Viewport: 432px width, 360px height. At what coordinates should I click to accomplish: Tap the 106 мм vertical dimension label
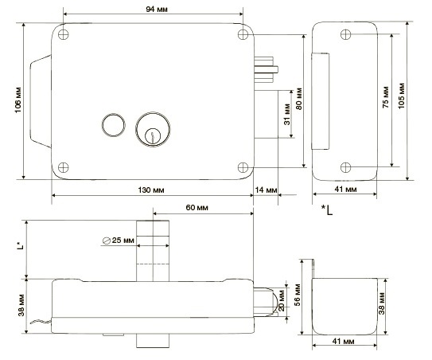(17, 100)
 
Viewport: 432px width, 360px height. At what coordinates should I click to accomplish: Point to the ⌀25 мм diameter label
(118, 241)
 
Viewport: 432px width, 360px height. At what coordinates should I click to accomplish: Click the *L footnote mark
(326, 209)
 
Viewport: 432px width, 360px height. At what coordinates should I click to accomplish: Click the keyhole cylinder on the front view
(149, 128)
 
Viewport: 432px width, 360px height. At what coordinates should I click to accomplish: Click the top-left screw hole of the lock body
(64, 36)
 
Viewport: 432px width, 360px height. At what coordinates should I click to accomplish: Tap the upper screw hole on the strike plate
(345, 34)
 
